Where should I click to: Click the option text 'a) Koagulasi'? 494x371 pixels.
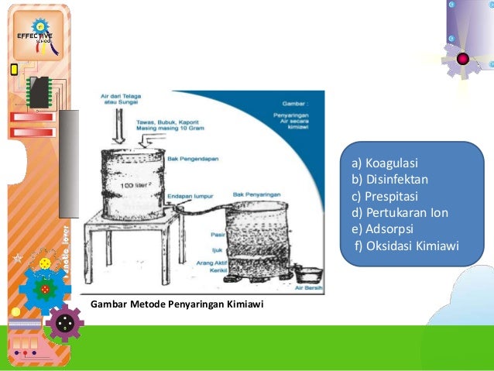click(x=384, y=164)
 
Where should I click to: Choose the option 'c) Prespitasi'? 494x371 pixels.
click(x=385, y=196)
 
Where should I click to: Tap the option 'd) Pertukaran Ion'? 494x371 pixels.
click(x=400, y=212)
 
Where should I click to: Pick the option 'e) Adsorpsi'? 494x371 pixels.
click(x=383, y=229)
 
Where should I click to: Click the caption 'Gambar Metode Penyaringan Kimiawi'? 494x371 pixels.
click(x=177, y=304)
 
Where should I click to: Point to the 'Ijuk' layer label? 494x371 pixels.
click(x=219, y=249)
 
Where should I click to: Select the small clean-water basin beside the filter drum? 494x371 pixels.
click(x=309, y=273)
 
